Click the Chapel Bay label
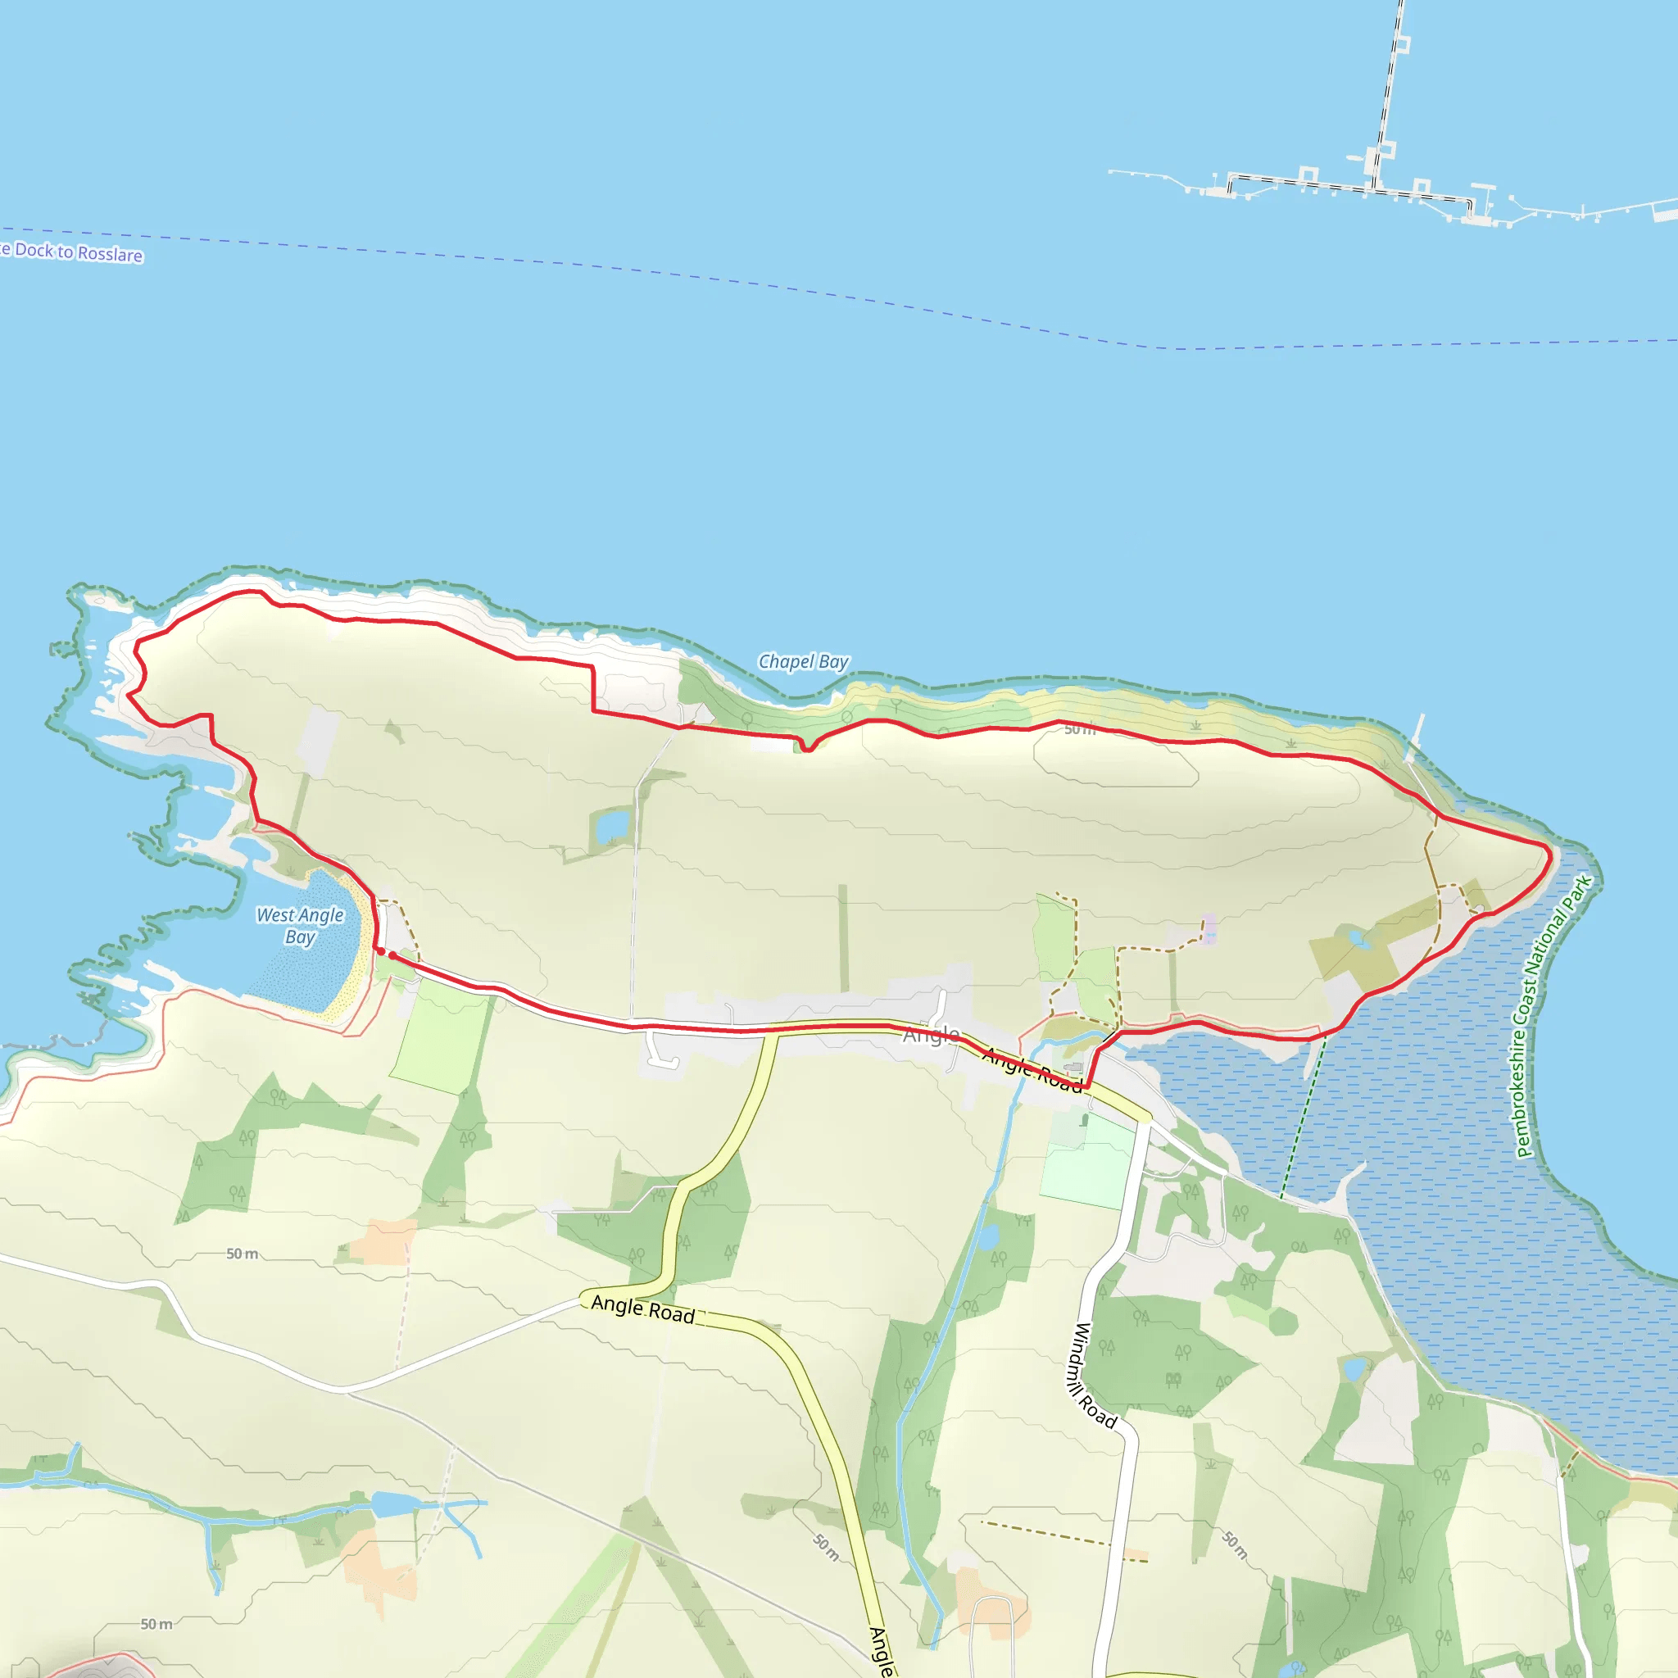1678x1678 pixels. coord(804,662)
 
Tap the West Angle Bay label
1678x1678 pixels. coord(300,926)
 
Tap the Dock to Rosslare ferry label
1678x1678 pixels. coord(74,252)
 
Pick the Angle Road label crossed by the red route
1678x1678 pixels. coord(1032,1069)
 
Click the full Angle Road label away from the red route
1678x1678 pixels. coord(642,1308)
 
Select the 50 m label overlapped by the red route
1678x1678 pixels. coord(1080,729)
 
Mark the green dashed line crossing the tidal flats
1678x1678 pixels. coord(1303,1120)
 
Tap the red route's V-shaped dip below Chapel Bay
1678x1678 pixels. coord(807,748)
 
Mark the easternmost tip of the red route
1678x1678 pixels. coord(1550,855)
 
